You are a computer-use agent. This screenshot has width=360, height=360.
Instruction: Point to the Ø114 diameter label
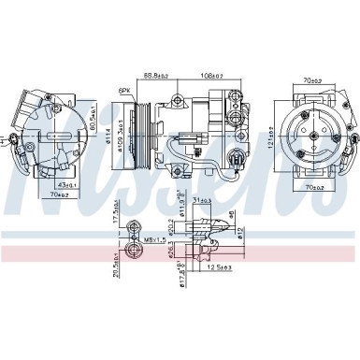tap(117, 141)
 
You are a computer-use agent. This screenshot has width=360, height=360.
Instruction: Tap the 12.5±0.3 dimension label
tap(222, 269)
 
